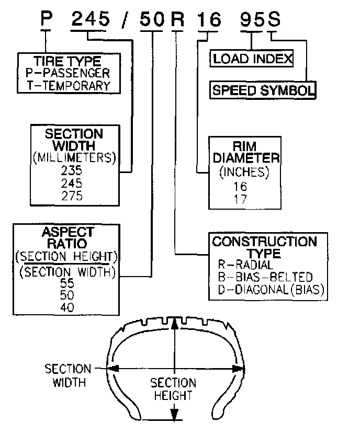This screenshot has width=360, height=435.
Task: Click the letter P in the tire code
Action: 48,19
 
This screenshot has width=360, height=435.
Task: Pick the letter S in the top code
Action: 274,19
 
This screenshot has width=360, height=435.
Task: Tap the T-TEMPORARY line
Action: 69,85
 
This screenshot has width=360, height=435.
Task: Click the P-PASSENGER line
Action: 68,74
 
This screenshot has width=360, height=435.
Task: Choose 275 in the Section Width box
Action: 72,196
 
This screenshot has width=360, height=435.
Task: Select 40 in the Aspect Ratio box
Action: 67,307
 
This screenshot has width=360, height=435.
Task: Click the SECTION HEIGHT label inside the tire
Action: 173,389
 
